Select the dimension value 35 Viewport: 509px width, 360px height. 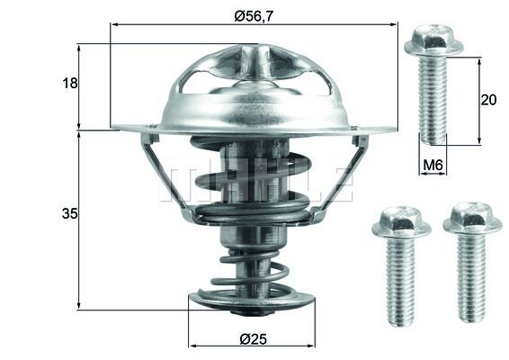[70, 214]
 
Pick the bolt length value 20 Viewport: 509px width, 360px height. [488, 100]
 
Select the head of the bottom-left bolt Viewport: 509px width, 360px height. [401, 221]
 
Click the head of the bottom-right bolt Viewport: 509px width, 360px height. [472, 218]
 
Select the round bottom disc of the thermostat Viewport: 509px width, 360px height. [252, 300]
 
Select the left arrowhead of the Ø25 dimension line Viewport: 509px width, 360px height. [192, 345]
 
